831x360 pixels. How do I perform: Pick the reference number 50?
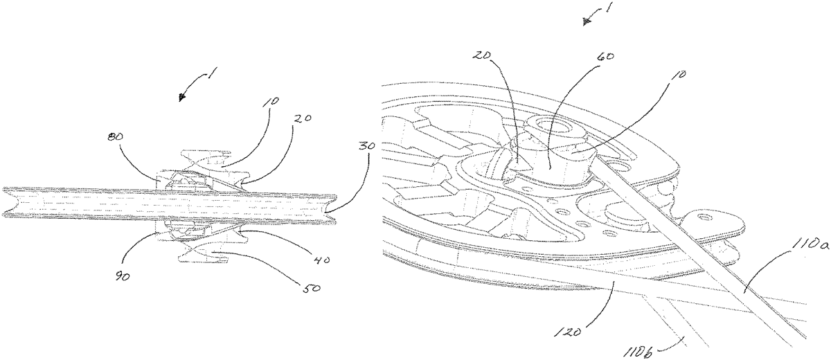(312, 288)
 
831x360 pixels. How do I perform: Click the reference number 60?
(605, 57)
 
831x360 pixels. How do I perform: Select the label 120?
(566, 332)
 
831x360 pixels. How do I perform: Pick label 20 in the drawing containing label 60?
(482, 55)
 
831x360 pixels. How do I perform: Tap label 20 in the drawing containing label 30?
(303, 119)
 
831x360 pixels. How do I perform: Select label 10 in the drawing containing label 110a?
(680, 75)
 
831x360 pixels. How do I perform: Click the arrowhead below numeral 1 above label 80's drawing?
(181, 98)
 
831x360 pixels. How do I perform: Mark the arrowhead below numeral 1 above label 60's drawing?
(587, 22)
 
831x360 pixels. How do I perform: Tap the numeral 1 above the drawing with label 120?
(608, 7)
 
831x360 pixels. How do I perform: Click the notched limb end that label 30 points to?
(331, 209)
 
